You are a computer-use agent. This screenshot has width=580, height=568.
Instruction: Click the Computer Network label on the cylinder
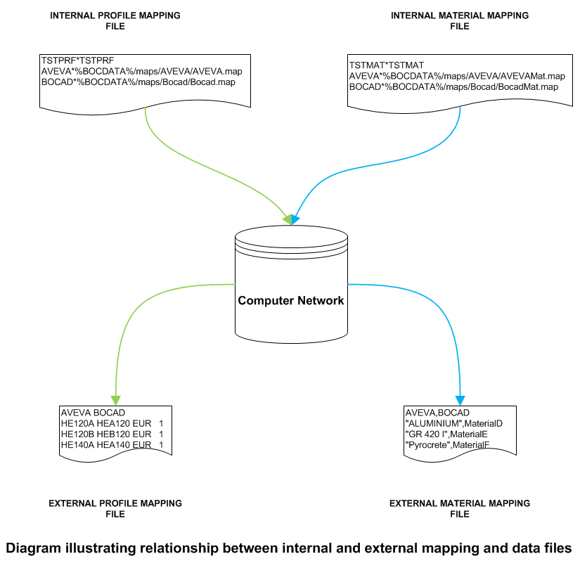coord(291,301)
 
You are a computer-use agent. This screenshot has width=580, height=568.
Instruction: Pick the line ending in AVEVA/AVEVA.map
coord(142,72)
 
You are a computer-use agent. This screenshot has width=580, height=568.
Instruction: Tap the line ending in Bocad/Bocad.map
coord(138,82)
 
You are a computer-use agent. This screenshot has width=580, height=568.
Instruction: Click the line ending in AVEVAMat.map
coord(457,76)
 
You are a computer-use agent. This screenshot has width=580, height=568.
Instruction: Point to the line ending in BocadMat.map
coord(453,86)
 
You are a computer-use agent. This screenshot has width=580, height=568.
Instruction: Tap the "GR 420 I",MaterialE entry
coord(447,434)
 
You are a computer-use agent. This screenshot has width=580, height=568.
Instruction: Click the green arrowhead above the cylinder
coord(286,219)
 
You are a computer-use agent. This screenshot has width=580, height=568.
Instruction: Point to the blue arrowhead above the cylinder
coord(295,219)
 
